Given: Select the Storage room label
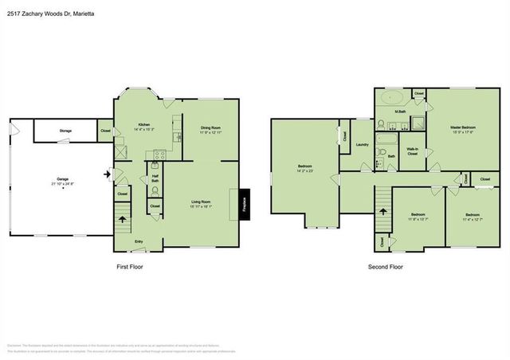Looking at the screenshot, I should tap(65, 131).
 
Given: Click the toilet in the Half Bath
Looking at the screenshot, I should tap(155, 191).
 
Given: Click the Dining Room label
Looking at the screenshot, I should tap(210, 129).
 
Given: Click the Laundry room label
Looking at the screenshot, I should tap(362, 144).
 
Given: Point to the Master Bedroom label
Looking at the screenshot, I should tap(462, 128).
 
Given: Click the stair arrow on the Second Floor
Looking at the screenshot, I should tap(382, 212).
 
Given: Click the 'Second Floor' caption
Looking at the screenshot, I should tap(385, 267).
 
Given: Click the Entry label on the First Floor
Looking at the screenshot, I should tap(139, 241).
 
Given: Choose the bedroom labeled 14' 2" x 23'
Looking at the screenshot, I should tap(304, 166).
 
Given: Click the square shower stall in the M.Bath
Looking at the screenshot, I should tap(415, 124).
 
